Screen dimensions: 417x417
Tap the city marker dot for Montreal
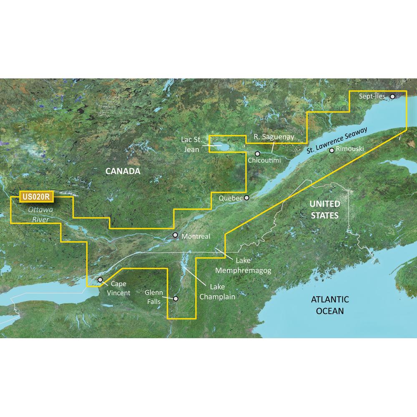pos(176,236)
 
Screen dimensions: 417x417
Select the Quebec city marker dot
pos(247,198)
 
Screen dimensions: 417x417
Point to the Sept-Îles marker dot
pos(392,96)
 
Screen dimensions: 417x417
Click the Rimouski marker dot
pos(332,151)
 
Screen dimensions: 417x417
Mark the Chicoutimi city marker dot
pos(258,153)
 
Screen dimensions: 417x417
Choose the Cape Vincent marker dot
pos(100,280)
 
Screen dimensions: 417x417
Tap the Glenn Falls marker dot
pos(176,299)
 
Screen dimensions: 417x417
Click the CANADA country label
pos(117,171)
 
